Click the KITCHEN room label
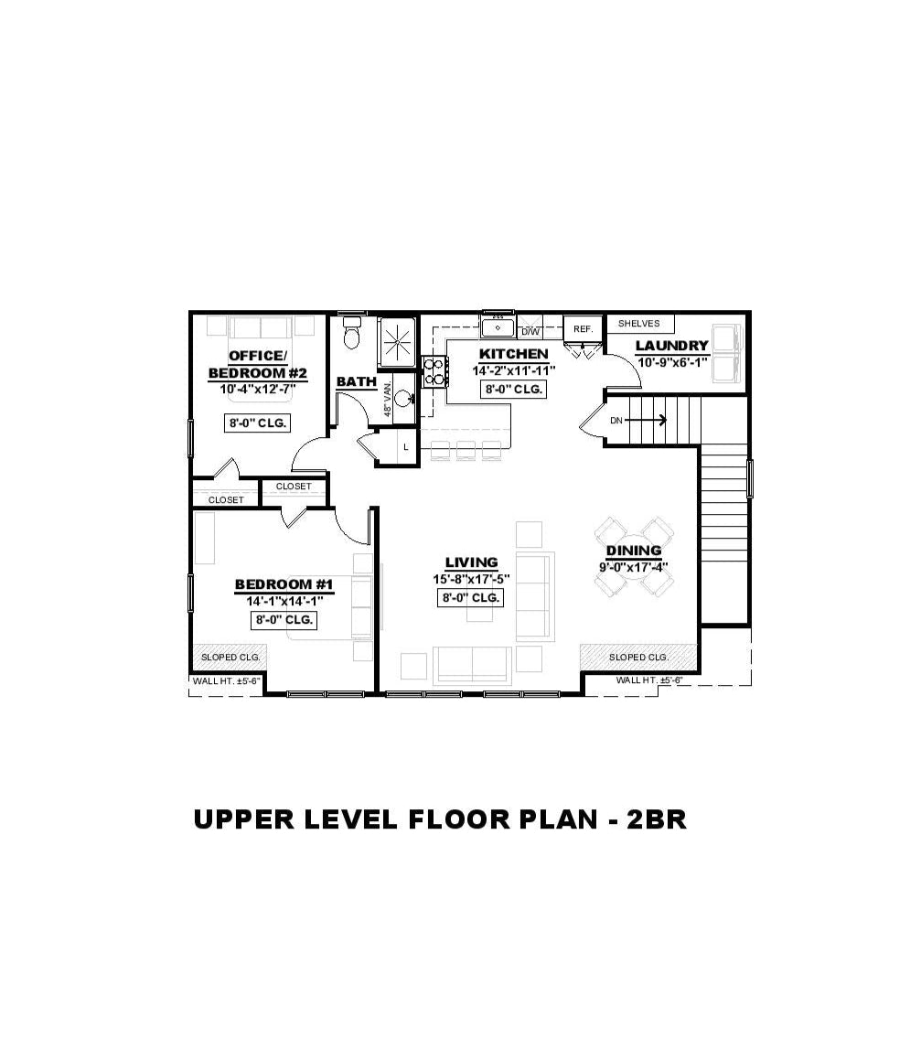(x=513, y=354)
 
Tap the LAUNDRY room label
(x=671, y=346)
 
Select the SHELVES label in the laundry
(x=638, y=324)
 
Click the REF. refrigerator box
(x=583, y=328)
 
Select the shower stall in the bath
(x=398, y=343)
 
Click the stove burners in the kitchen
(x=434, y=371)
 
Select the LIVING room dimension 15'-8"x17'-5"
(x=471, y=579)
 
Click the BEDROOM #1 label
(x=284, y=585)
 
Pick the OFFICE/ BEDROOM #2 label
(x=257, y=364)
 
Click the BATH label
(x=356, y=381)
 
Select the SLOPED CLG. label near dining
(x=638, y=658)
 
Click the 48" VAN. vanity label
(x=388, y=397)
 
